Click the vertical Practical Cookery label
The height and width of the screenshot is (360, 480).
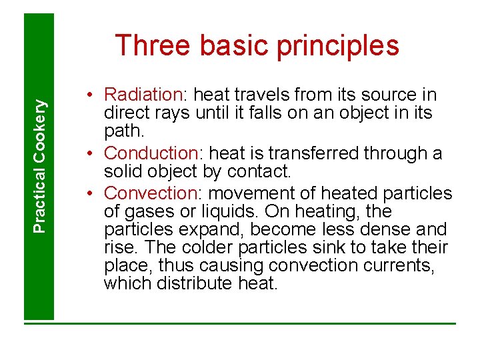click(x=40, y=166)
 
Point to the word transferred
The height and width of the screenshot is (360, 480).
click(x=313, y=153)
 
